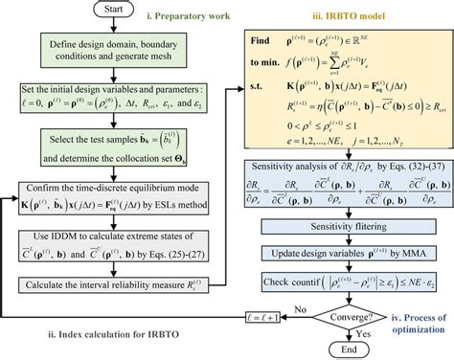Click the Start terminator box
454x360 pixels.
(x=117, y=12)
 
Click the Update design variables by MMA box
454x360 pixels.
(x=331, y=255)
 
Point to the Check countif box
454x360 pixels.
(x=331, y=283)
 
